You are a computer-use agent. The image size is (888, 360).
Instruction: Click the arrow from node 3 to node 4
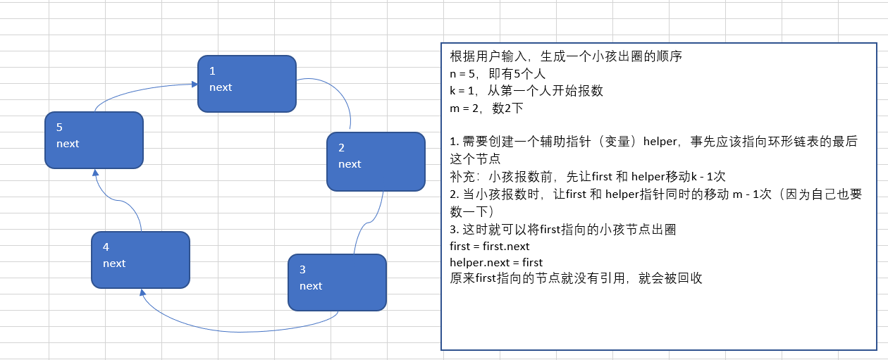pyautogui.click(x=240, y=330)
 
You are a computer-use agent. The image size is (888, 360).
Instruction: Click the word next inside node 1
pyautogui.click(x=221, y=87)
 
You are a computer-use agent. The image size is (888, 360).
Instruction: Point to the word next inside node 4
pyautogui.click(x=114, y=263)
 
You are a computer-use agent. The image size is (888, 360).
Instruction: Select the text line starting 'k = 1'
pyautogui.click(x=526, y=91)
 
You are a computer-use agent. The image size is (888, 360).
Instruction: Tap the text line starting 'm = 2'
pyautogui.click(x=486, y=108)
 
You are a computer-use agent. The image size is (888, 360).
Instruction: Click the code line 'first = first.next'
pyautogui.click(x=489, y=246)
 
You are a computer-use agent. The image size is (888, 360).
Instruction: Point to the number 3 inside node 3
pyautogui.click(x=302, y=269)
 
